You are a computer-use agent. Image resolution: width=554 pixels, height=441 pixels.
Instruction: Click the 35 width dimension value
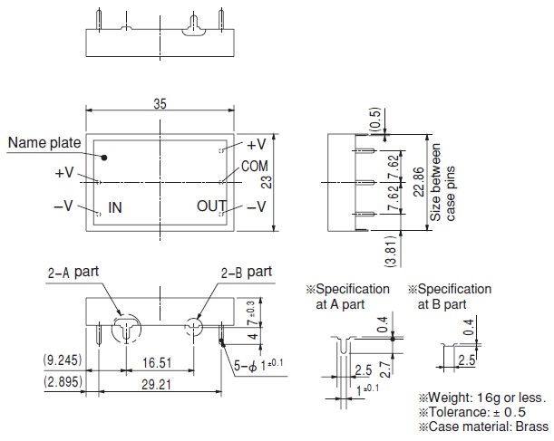pyautogui.click(x=160, y=104)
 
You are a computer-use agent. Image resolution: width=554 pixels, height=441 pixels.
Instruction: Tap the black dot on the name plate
pyautogui.click(x=104, y=158)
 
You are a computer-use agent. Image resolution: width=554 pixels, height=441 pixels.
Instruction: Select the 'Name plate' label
pyautogui.click(x=44, y=142)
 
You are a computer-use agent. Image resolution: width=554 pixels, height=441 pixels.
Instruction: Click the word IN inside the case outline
pyautogui.click(x=115, y=207)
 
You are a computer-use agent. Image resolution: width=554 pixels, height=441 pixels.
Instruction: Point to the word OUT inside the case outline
pyautogui.click(x=211, y=206)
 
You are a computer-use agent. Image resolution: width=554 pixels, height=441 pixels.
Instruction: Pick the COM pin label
pyautogui.click(x=255, y=167)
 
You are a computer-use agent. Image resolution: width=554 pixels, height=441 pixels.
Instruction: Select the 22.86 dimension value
pyautogui.click(x=419, y=182)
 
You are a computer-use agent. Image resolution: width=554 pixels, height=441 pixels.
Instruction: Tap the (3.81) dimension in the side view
pyautogui.click(x=393, y=251)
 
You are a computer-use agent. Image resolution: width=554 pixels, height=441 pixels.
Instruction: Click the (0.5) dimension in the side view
pyautogui.click(x=375, y=120)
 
